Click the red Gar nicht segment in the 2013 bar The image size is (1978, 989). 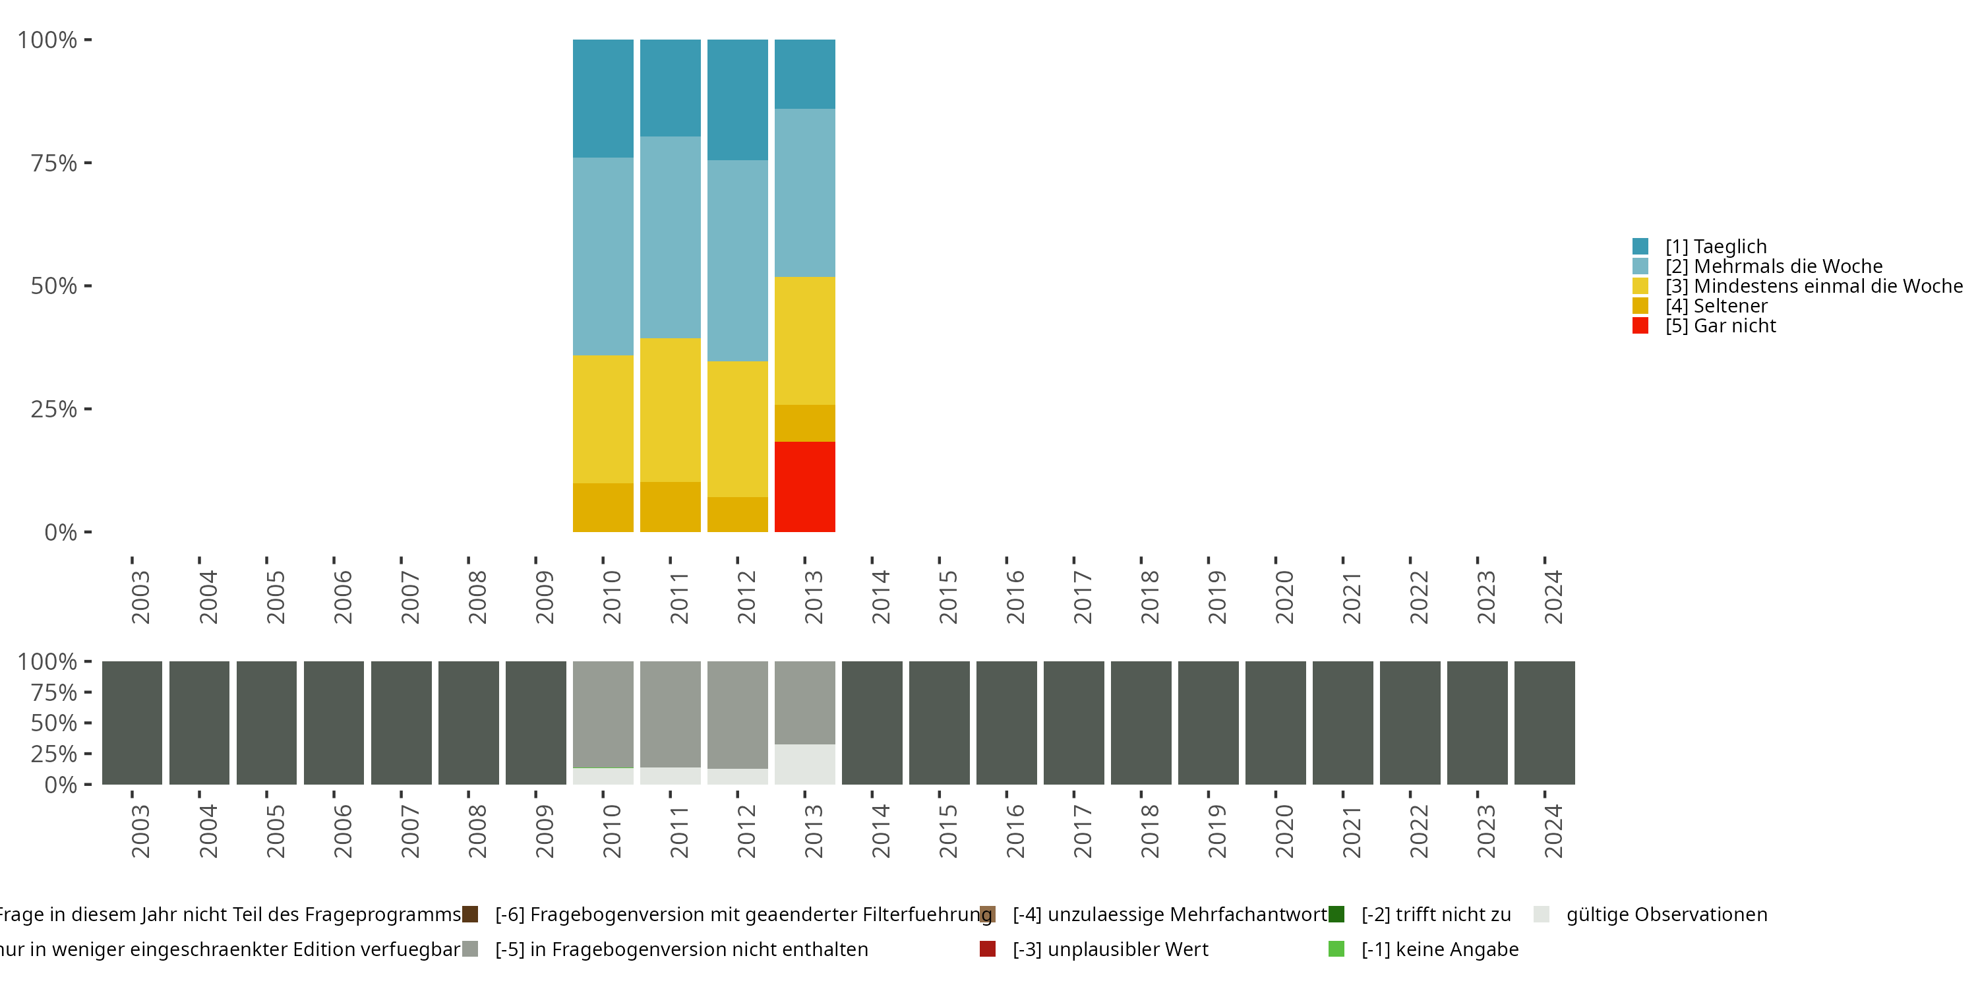804,486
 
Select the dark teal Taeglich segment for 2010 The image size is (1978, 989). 603,98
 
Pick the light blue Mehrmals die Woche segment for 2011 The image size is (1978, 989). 671,237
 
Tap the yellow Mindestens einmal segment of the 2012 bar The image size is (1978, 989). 737,429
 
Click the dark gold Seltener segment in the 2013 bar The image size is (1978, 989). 804,423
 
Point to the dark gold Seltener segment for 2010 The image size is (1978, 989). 603,507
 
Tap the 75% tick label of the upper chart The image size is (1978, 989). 54,163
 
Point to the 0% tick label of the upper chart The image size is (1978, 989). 61,532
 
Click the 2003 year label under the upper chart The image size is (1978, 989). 140,597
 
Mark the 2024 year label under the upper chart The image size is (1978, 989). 1553,597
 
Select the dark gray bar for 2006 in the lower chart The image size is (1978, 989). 334,723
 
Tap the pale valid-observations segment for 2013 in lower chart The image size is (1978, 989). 804,764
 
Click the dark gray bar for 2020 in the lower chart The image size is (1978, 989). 1275,723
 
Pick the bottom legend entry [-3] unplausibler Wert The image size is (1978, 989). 1110,949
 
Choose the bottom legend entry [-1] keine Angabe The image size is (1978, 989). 1439,949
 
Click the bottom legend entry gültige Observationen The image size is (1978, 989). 1665,914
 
